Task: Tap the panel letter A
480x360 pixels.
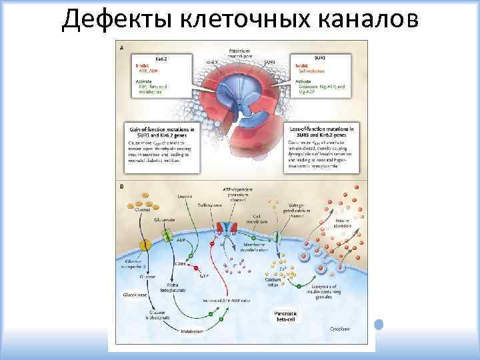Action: point(121,48)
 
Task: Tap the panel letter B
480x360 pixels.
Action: point(121,187)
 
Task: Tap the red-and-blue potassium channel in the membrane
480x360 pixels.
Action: point(230,229)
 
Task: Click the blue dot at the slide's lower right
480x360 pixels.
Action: point(379,325)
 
